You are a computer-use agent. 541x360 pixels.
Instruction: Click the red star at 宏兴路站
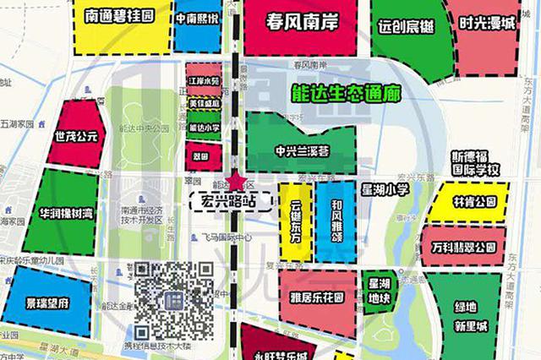pos(236,182)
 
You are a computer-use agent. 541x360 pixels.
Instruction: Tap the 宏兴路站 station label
pos(229,201)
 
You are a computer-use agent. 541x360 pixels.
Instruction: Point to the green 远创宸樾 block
pos(406,34)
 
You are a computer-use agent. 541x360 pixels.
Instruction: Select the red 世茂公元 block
pos(76,135)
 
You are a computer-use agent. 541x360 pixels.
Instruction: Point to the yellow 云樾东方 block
pos(296,221)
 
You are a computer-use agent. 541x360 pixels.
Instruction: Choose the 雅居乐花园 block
pos(318,297)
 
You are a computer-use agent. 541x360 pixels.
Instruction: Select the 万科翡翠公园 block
pos(462,248)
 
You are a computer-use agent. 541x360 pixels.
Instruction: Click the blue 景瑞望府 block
pos(46,299)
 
